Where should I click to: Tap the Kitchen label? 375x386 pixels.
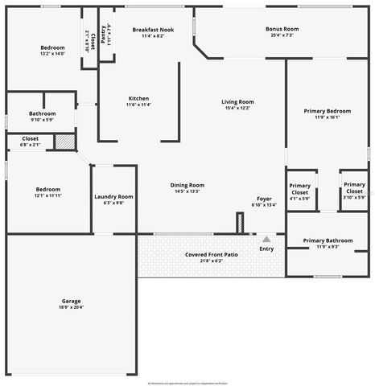tap(138, 98)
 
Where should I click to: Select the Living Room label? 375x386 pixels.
tap(238, 101)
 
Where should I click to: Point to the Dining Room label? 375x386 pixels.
tap(187, 185)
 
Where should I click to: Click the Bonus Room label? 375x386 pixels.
tap(282, 29)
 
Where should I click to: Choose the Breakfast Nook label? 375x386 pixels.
tap(153, 30)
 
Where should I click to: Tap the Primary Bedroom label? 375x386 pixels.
tap(327, 110)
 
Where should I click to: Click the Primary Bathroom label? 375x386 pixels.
tap(328, 240)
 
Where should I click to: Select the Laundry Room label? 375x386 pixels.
tap(113, 196)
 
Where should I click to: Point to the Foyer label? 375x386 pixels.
tap(264, 198)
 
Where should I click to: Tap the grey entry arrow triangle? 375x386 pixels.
tap(266, 239)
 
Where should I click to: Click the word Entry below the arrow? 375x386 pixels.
tap(266, 248)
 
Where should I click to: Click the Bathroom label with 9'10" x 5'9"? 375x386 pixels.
tap(42, 113)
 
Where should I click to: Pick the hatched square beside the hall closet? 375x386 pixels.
tap(65, 142)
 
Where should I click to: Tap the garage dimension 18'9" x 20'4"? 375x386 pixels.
tap(71, 306)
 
